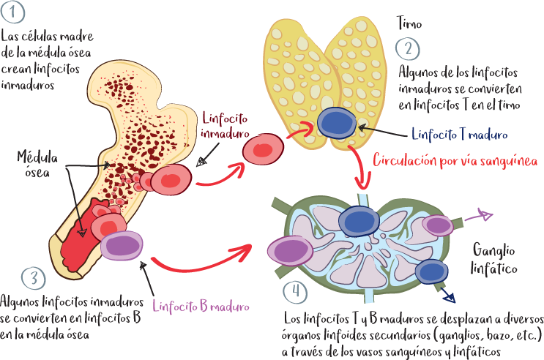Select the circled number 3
pos(33,278)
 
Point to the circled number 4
pos(294,290)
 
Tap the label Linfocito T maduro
pos(460,135)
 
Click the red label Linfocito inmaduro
pos(226,125)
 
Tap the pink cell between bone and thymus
pos(263,149)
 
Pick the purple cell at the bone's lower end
pos(122,245)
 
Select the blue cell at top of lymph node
pos(359,221)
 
